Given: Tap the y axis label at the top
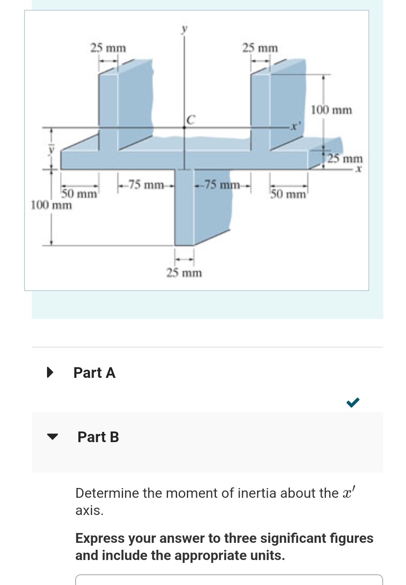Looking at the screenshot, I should (184, 29).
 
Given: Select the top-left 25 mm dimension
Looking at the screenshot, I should (108, 48).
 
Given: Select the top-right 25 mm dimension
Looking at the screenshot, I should (260, 48).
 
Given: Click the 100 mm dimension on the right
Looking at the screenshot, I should (331, 110).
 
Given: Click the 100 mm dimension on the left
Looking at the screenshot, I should (51, 205).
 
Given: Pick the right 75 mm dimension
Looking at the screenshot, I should (222, 185).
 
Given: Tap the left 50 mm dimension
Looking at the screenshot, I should (79, 193).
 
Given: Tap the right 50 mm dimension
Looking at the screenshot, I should (288, 194).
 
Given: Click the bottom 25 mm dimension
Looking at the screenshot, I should (184, 273).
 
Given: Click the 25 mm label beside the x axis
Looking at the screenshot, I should (345, 158).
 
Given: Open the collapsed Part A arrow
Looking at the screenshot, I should (50, 372).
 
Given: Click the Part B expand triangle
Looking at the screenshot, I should (52, 436).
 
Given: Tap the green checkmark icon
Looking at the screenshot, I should (352, 402).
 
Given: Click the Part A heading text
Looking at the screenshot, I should (94, 373).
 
